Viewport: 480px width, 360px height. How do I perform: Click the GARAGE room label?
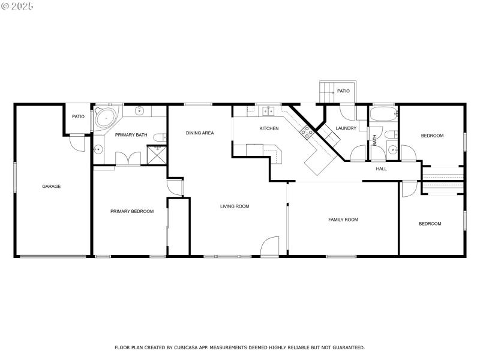pyautogui.click(x=51, y=186)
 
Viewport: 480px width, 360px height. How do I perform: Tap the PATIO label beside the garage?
pyautogui.click(x=78, y=116)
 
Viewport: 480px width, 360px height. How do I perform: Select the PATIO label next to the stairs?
pyautogui.click(x=343, y=91)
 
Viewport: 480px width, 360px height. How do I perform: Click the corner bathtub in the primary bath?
pyautogui.click(x=106, y=118)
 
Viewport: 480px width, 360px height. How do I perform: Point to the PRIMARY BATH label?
pyautogui.click(x=131, y=135)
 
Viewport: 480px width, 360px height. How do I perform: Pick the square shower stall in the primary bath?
pyautogui.click(x=157, y=155)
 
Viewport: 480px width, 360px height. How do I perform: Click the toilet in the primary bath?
pyautogui.click(x=159, y=137)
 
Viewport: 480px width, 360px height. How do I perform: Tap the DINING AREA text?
pyautogui.click(x=200, y=133)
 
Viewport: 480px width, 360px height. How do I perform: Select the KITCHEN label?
pyautogui.click(x=269, y=128)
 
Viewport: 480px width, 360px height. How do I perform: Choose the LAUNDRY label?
pyautogui.click(x=346, y=128)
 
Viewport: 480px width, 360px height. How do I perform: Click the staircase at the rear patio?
pyautogui.click(x=327, y=92)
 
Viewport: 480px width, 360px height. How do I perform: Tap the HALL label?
pyautogui.click(x=381, y=169)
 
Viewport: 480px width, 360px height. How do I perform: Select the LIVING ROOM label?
pyautogui.click(x=235, y=206)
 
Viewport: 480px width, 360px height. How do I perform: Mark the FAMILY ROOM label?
pyautogui.click(x=343, y=220)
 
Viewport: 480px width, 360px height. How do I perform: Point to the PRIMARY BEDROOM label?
pyautogui.click(x=132, y=211)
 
